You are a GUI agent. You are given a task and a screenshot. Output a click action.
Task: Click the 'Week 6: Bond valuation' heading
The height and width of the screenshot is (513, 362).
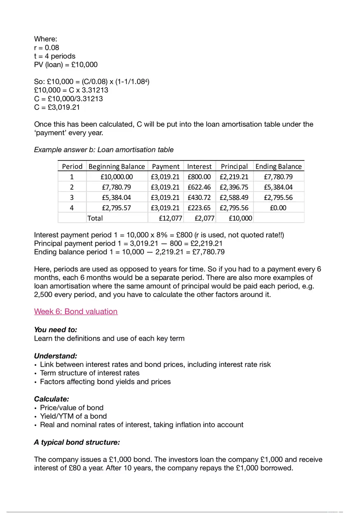click(76, 311)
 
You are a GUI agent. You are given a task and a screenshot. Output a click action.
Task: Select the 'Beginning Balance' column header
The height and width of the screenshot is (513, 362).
click(117, 166)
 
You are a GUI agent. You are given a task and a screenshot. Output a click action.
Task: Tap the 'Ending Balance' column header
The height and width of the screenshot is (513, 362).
click(278, 166)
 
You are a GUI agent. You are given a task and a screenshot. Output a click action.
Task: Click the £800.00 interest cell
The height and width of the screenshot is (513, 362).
click(199, 177)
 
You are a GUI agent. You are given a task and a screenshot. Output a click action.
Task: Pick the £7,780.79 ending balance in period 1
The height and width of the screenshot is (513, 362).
click(278, 177)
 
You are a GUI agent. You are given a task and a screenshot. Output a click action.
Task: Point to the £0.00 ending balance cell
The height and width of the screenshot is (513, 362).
click(278, 208)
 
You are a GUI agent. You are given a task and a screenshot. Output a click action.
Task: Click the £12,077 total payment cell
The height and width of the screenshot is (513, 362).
click(171, 218)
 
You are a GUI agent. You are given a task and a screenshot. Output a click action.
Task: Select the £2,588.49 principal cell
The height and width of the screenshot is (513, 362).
click(234, 197)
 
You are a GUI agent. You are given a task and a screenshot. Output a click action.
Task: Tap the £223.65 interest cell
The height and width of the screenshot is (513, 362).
click(199, 208)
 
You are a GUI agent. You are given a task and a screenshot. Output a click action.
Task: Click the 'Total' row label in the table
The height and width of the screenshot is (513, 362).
click(95, 218)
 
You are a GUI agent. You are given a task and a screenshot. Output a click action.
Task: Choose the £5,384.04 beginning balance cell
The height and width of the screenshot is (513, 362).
click(117, 197)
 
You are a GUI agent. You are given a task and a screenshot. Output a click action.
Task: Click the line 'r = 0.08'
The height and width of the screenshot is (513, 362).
click(46, 47)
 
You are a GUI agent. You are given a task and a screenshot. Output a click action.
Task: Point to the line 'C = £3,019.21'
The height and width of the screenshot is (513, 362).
click(57, 107)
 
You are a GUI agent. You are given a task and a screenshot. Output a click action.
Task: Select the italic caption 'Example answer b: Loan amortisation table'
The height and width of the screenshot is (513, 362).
click(104, 150)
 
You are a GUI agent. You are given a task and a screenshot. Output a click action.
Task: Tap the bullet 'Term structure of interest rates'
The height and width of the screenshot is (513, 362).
click(90, 373)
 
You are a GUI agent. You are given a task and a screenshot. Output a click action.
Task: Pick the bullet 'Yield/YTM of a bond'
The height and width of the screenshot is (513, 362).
click(73, 416)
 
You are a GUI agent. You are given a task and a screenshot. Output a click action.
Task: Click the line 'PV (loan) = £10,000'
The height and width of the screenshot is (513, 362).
click(66, 65)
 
